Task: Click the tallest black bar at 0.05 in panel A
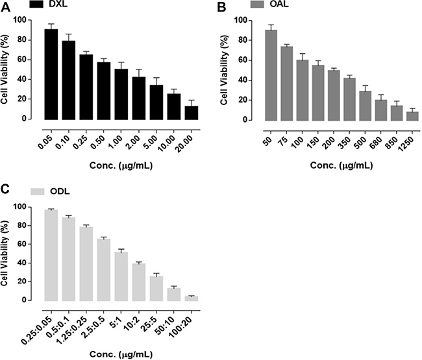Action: [x=51, y=75]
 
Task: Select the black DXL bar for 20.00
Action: [x=192, y=113]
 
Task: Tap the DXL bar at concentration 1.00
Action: [x=121, y=94]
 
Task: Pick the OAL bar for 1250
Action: [x=412, y=116]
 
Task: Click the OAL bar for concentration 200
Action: [x=334, y=96]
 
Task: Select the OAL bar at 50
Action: [x=271, y=75]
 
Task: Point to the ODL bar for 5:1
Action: [x=121, y=277]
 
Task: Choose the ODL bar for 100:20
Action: [x=192, y=298]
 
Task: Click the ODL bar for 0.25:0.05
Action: [x=51, y=256]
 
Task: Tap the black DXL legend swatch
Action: [x=36, y=5]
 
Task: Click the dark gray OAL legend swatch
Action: [x=257, y=5]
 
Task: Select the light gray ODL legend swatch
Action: [x=38, y=191]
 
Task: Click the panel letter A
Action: [x=5, y=7]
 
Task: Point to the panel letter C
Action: [x=5, y=189]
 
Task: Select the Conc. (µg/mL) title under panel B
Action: [x=341, y=165]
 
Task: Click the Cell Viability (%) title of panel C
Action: [x=5, y=253]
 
